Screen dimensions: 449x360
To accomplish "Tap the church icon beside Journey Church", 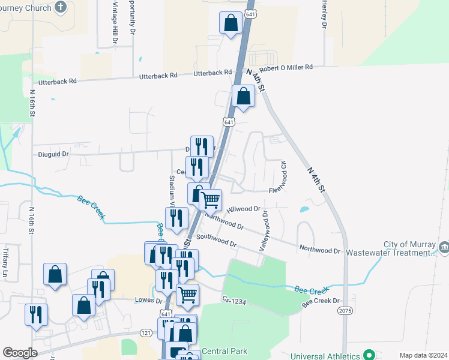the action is [x=60, y=7].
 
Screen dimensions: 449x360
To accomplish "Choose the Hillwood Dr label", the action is [x=244, y=209].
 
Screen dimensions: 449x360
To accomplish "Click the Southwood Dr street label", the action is [x=216, y=241].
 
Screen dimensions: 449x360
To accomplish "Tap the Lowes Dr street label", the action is [x=150, y=300].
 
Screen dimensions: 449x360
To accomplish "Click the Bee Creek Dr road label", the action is [x=321, y=301].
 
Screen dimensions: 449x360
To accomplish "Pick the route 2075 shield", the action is [x=345, y=311].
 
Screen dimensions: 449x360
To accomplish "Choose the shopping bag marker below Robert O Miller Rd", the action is [x=243, y=97].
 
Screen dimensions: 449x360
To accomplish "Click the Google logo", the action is [x=20, y=353].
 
